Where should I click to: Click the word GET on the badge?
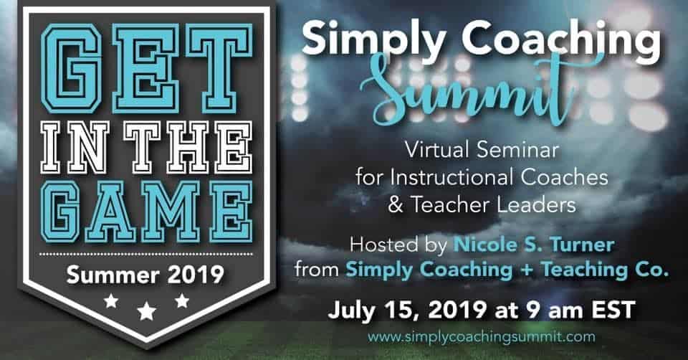[146, 67]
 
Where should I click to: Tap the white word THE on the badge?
[188, 148]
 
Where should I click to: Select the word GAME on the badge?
[146, 212]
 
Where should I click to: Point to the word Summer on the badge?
[113, 275]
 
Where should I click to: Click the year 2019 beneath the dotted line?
[196, 275]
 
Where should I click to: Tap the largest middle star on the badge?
[146, 311]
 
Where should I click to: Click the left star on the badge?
[111, 301]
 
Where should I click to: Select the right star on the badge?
[181, 300]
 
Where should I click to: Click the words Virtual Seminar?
[482, 150]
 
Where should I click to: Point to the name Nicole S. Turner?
[533, 245]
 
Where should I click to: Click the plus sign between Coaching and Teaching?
[526, 270]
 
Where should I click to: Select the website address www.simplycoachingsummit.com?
[482, 337]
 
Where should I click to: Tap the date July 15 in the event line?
[374, 310]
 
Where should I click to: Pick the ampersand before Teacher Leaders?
[396, 205]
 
